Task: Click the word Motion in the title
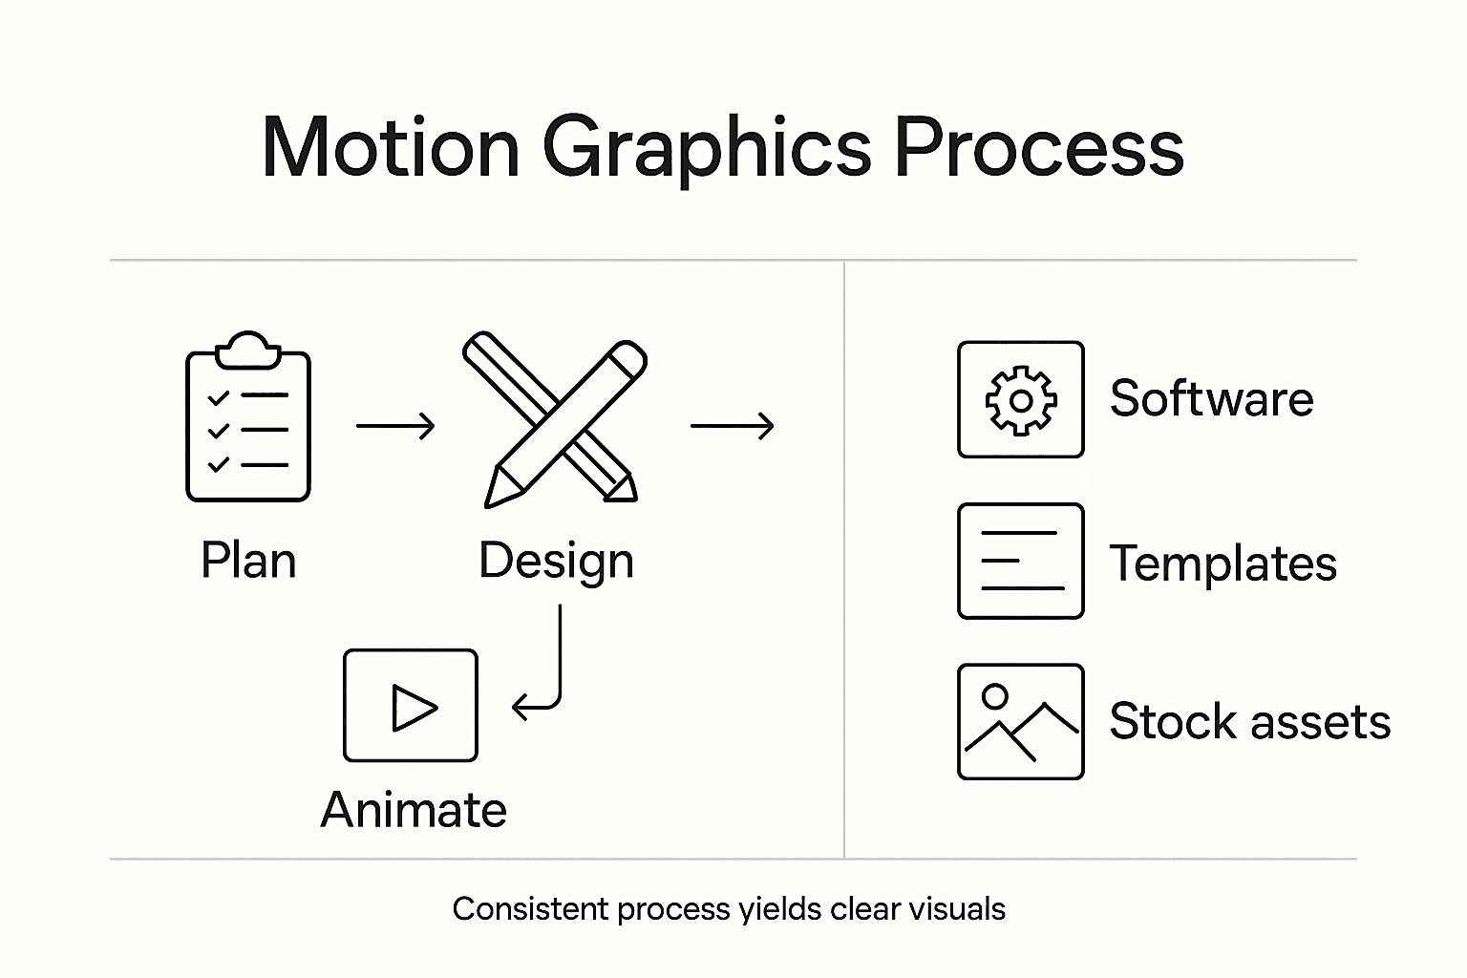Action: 391,148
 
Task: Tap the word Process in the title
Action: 1038,148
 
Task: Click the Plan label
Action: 248,561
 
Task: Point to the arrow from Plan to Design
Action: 395,426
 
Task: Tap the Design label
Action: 556,562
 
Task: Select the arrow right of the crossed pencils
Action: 732,426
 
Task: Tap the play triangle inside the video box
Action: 414,708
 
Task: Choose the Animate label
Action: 414,811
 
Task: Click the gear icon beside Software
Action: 1021,400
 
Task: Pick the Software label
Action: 1211,399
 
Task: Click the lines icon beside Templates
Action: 1021,562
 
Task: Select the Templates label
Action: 1222,563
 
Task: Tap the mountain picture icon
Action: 1021,722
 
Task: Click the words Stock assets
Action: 1249,722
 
